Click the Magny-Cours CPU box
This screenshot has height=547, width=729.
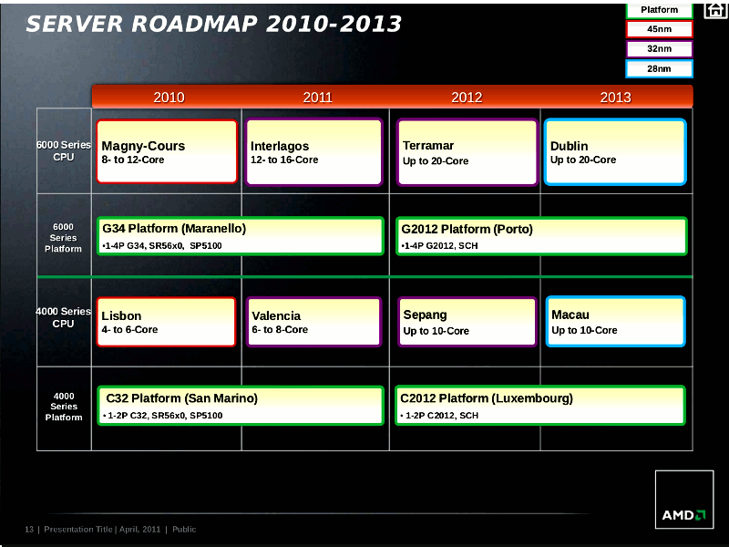167,151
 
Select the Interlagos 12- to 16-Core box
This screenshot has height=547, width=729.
314,152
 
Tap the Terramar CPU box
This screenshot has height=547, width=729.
467,152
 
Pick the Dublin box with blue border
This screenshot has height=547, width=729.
615,151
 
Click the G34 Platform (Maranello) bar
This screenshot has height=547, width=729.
241,236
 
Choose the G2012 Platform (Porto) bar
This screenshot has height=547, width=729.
541,236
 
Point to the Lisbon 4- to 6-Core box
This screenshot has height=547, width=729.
167,322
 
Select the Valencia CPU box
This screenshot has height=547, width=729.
313,322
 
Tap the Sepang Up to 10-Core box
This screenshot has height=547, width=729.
467,322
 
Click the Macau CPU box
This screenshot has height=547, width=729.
616,322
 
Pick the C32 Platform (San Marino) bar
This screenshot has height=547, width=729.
241,406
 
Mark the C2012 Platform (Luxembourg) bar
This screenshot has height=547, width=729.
540,406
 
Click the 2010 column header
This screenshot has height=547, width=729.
169,98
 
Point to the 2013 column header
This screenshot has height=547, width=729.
615,98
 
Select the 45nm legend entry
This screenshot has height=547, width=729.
659,29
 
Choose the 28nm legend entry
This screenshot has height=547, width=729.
659,69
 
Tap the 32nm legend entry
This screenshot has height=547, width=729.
659,49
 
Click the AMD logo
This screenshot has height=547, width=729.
684,500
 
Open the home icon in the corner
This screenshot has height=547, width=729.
715,10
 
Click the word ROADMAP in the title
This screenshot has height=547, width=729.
193,25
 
